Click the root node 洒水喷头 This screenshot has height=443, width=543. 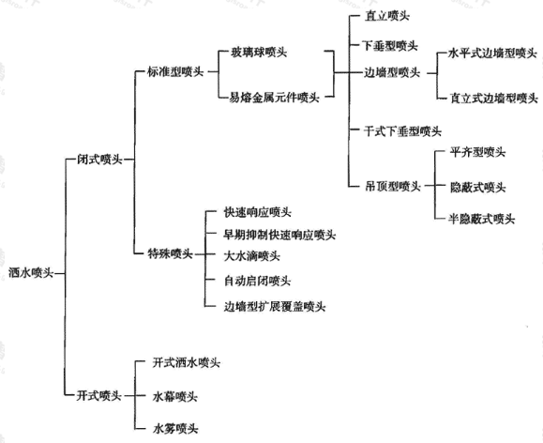tap(31, 273)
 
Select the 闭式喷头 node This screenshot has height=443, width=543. tap(99, 160)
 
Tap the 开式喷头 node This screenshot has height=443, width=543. tap(99, 395)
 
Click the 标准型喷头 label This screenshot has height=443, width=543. tap(175, 71)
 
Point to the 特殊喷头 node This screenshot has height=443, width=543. tap(170, 253)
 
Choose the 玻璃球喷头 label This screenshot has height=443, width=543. tap(259, 53)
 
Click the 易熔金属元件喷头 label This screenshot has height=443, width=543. tap(274, 98)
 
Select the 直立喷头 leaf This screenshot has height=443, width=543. tap(387, 16)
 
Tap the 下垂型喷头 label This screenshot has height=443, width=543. tap(390, 45)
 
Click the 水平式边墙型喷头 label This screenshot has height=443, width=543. tap(492, 53)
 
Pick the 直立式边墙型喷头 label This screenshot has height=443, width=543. tap(494, 99)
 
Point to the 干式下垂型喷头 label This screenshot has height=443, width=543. tap(402, 131)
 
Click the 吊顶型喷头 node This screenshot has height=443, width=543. tap(393, 187)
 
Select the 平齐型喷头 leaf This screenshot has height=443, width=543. tap(477, 152)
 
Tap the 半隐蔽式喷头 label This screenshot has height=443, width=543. tap(482, 219)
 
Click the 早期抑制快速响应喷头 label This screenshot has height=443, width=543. tap(279, 235)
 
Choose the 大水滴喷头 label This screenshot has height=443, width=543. tap(251, 256)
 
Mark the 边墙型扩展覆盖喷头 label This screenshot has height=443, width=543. tap(275, 307)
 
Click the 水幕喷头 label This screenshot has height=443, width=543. tap(174, 396)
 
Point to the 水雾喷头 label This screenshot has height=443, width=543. tap(175, 429)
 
